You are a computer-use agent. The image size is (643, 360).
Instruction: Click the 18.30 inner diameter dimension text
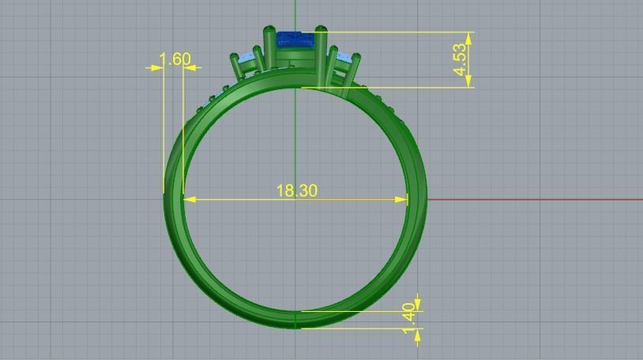pos(296,190)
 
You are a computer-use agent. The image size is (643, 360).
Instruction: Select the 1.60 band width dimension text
pos(175,59)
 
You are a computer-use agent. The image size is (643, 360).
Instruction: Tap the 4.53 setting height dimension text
pos(461,60)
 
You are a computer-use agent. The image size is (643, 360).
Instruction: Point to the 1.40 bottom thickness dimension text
pos(408,313)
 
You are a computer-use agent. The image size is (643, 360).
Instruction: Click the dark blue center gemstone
pos(295,39)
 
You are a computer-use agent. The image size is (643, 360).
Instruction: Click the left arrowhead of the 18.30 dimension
pos(190,200)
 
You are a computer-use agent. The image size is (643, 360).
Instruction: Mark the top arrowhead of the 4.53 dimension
pos(469,37)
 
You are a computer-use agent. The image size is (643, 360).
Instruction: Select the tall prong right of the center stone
pos(322,55)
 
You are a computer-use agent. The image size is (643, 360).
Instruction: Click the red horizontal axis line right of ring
pos(537,199)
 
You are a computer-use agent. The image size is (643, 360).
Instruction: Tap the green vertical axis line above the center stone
pos(295,12)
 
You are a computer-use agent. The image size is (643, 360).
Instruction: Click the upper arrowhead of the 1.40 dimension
pos(417,304)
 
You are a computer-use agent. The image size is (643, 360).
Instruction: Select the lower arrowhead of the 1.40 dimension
pos(417,335)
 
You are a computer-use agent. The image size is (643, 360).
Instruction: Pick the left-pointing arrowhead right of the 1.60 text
pos(190,68)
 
